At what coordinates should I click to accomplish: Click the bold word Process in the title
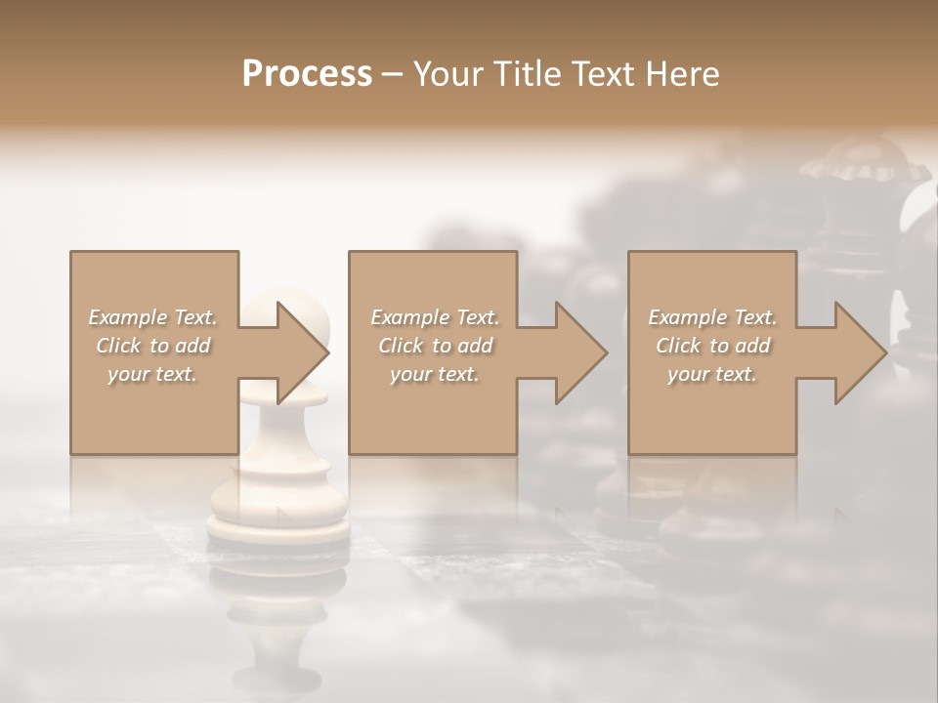click(x=307, y=74)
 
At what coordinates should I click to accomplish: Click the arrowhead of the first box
click(x=298, y=352)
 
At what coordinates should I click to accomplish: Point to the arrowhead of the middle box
click(x=576, y=352)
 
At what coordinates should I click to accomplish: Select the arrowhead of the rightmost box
click(x=856, y=352)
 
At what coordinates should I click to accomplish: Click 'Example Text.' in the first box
click(x=153, y=317)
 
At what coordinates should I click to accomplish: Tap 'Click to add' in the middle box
click(x=435, y=346)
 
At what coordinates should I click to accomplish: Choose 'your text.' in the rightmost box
click(x=712, y=374)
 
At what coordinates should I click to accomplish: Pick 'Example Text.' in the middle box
click(x=435, y=317)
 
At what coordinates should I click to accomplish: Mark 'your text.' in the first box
click(x=153, y=374)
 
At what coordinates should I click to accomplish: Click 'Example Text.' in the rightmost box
click(x=712, y=317)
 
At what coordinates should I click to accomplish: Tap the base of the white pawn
click(x=277, y=522)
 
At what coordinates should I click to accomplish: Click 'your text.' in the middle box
click(x=435, y=374)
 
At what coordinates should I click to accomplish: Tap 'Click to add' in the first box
click(x=153, y=346)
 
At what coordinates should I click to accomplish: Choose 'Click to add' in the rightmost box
click(x=712, y=346)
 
